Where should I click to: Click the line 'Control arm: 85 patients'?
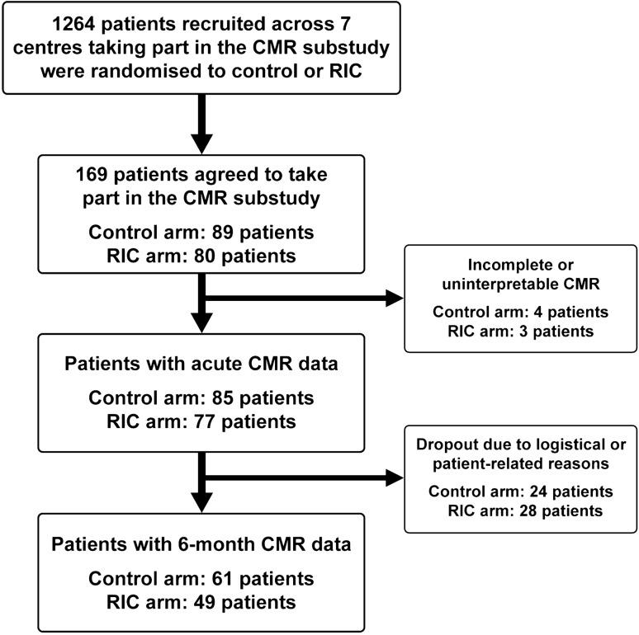203,399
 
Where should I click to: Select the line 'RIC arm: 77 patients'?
203,423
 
